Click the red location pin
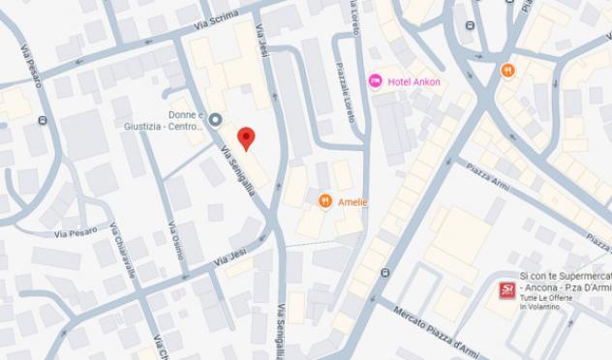(x=246, y=138)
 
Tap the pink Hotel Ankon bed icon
(x=376, y=81)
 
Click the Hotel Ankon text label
(x=413, y=82)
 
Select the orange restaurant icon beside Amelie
(x=325, y=201)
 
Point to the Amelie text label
(x=352, y=201)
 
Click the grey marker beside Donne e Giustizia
(x=215, y=119)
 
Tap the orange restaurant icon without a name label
(x=507, y=70)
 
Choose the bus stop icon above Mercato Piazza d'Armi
(x=386, y=274)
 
